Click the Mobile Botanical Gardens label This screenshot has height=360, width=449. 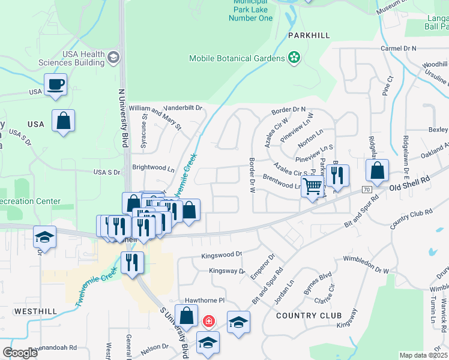point(237,58)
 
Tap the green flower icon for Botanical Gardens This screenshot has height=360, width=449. point(294,58)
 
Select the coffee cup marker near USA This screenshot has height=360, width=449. point(55,84)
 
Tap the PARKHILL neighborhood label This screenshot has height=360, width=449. point(309,36)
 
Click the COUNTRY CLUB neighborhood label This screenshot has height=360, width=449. point(309,316)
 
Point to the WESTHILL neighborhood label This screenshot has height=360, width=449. point(35,311)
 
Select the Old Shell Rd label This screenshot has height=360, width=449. point(409,184)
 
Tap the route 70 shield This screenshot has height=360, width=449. point(366,189)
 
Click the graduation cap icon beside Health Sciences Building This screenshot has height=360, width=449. point(113,58)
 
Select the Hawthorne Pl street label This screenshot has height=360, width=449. point(204,299)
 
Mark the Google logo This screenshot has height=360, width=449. point(20,353)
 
